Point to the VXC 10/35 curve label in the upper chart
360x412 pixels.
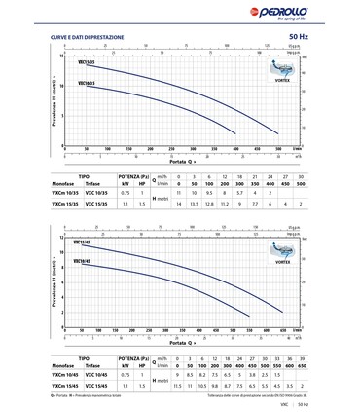click(84, 85)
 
